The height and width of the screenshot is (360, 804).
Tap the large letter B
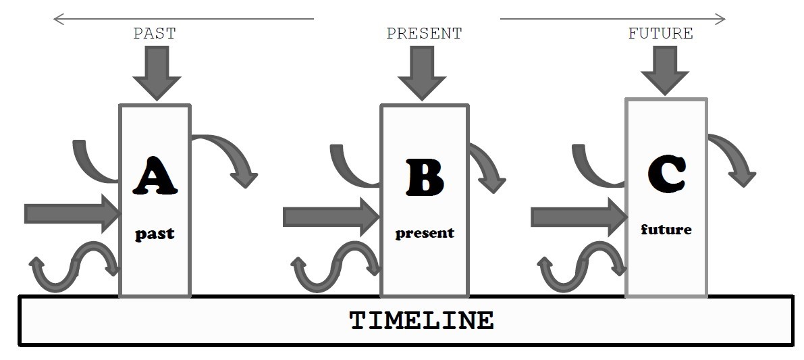tap(425, 177)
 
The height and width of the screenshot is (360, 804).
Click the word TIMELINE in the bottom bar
tap(421, 320)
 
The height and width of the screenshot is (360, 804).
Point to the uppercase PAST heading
tap(154, 34)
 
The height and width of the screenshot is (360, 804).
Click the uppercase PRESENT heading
tap(424, 34)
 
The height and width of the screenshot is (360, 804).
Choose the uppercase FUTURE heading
tap(660, 34)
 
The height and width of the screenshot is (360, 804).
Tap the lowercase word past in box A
tap(155, 234)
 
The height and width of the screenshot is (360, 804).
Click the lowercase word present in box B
tap(425, 233)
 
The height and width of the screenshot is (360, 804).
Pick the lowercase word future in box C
tap(666, 230)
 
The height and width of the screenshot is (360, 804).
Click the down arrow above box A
tap(157, 73)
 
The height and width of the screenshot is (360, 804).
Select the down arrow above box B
tap(423, 73)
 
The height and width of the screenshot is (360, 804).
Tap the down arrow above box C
tap(664, 70)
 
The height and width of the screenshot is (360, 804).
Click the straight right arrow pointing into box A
tap(72, 213)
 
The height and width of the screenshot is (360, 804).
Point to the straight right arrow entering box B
tap(331, 217)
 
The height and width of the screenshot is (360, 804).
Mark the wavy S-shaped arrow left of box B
tap(335, 265)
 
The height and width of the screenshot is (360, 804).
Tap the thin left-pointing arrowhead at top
tap(58, 19)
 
